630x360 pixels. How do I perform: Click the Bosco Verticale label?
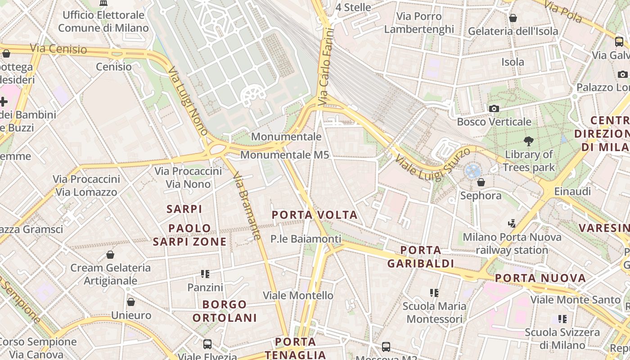494,122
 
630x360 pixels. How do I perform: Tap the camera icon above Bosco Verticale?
494,108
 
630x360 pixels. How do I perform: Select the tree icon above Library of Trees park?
528,141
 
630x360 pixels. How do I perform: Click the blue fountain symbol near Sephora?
473,171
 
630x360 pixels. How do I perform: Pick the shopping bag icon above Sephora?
481,182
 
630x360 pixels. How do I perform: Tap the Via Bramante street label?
248,207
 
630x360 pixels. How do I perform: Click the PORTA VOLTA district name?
315,215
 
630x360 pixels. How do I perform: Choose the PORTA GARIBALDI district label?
420,256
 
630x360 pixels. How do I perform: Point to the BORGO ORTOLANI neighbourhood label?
225,311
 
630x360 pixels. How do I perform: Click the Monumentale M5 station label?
284,155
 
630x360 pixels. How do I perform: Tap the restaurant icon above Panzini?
205,274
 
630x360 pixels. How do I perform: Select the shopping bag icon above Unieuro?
131,302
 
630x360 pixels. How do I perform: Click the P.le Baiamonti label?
306,239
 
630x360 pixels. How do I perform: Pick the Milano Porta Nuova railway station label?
512,243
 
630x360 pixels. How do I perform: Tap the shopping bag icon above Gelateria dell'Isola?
513,18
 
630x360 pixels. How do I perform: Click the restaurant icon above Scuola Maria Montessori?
434,293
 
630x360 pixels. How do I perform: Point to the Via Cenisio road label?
58,49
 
